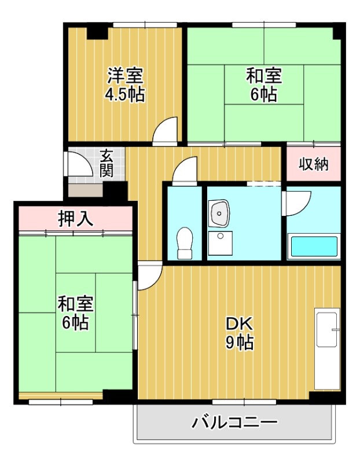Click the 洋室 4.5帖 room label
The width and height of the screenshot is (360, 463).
(x=124, y=85)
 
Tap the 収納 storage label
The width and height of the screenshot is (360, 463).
(x=313, y=164)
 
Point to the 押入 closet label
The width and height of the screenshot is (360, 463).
(x=75, y=219)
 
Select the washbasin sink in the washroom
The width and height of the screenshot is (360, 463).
(x=220, y=214)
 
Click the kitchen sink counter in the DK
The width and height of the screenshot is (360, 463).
(x=328, y=350)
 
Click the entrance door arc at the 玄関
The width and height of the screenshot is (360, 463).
(x=80, y=164)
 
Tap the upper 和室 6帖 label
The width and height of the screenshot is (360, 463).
(x=264, y=85)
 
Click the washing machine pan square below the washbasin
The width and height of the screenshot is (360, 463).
(x=220, y=244)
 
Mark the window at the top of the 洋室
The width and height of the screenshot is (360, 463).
(x=145, y=24)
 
